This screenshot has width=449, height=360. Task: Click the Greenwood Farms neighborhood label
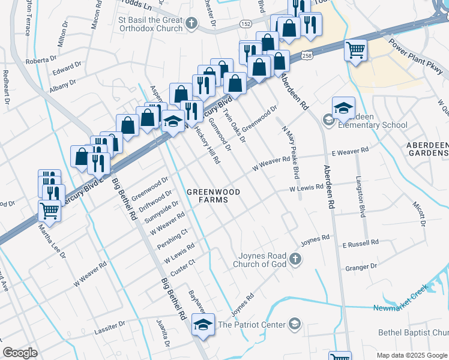click(213, 196)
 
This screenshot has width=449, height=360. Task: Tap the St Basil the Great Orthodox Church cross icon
click(191, 24)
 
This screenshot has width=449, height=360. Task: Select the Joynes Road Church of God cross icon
click(294, 259)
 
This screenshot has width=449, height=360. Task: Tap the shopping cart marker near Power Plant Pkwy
click(355, 49)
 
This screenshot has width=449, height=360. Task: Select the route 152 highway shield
click(246, 23)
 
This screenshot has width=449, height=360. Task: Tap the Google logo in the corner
click(20, 352)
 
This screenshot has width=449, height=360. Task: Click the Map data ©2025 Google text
click(412, 355)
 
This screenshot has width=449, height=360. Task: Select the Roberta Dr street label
click(40, 61)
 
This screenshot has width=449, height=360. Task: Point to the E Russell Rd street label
click(360, 243)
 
